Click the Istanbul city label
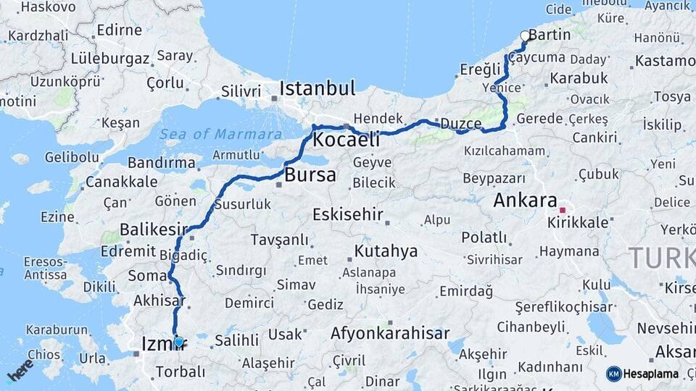pos(318,89)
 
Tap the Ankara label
pos(525,201)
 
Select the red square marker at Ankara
pos(562,210)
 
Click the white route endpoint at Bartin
pos(525,35)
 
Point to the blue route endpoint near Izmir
pos(178,341)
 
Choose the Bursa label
pos(310,175)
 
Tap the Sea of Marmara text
pos(220,134)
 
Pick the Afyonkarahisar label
pos(390,334)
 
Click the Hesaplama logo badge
pos(644,374)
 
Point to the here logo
pos(20,370)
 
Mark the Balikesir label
pos(149,230)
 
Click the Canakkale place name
pos(121,182)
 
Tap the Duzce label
pos(460,123)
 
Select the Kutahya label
pos(386,251)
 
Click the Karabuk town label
pos(579,77)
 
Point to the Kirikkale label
pos(578,222)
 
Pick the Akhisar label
pos(159,300)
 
